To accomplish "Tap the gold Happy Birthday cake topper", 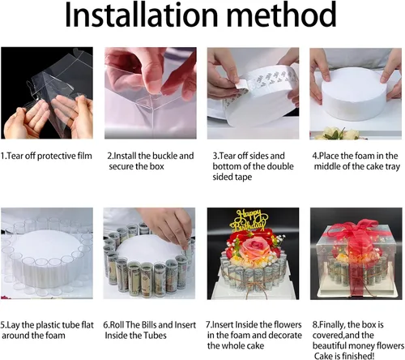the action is [x=249, y=220].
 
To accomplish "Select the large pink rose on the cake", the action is [x=254, y=249].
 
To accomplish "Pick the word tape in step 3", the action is [x=242, y=177].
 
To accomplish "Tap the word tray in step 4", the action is [x=392, y=167].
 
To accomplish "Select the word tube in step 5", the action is [x=71, y=325].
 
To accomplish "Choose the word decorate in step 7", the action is [x=285, y=335].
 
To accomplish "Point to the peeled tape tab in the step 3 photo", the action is [x=242, y=84].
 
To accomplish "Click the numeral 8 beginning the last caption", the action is [x=314, y=324].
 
